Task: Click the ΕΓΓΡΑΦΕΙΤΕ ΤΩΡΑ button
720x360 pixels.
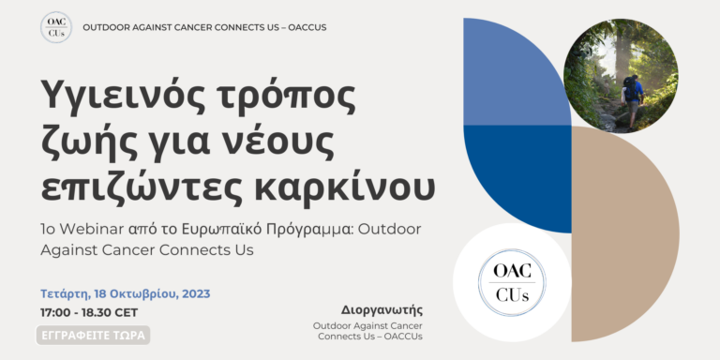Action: [93, 335]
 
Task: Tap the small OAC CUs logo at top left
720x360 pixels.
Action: [56, 27]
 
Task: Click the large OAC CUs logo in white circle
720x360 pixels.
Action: [511, 282]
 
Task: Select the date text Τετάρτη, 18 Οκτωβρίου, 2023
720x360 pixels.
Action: [125, 293]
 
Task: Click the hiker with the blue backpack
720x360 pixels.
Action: [633, 94]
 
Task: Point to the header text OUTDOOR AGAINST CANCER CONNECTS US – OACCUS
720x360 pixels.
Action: [204, 27]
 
